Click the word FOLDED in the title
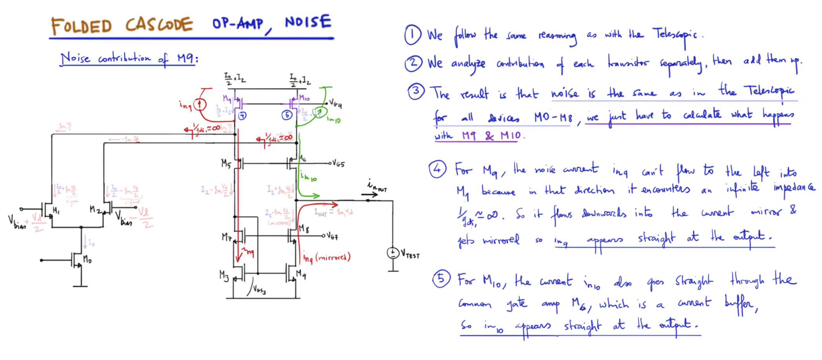81,27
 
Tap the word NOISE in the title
308,22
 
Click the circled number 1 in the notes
413,35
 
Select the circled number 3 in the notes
416,91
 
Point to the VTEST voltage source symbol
393,253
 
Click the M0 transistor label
87,259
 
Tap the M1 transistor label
56,211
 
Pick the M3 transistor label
224,276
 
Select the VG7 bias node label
332,236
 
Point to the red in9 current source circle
200,104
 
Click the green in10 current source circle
319,113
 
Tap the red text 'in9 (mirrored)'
326,258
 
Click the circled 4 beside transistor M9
242,115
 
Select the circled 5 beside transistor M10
287,115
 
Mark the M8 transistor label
304,229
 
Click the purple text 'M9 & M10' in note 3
491,136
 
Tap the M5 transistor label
226,163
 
